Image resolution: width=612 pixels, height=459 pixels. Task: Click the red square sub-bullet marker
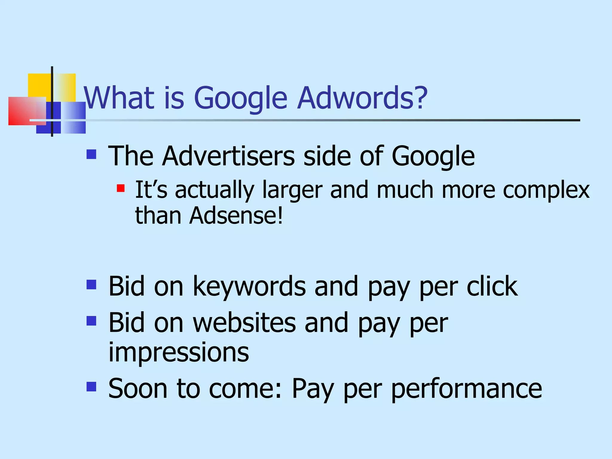click(121, 188)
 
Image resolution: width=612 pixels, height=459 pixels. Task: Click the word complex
click(546, 190)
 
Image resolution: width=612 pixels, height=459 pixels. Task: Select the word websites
click(244, 323)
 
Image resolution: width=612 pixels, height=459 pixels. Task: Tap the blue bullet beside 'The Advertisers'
click(91, 154)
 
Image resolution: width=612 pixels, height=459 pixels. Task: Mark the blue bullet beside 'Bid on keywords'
click(91, 284)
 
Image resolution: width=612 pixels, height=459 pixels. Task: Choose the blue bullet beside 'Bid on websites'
click(91, 321)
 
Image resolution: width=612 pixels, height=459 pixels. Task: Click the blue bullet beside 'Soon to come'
click(91, 387)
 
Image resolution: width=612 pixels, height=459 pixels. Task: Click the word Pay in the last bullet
click(313, 389)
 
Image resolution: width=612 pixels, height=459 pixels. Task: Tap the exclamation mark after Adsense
click(280, 215)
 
